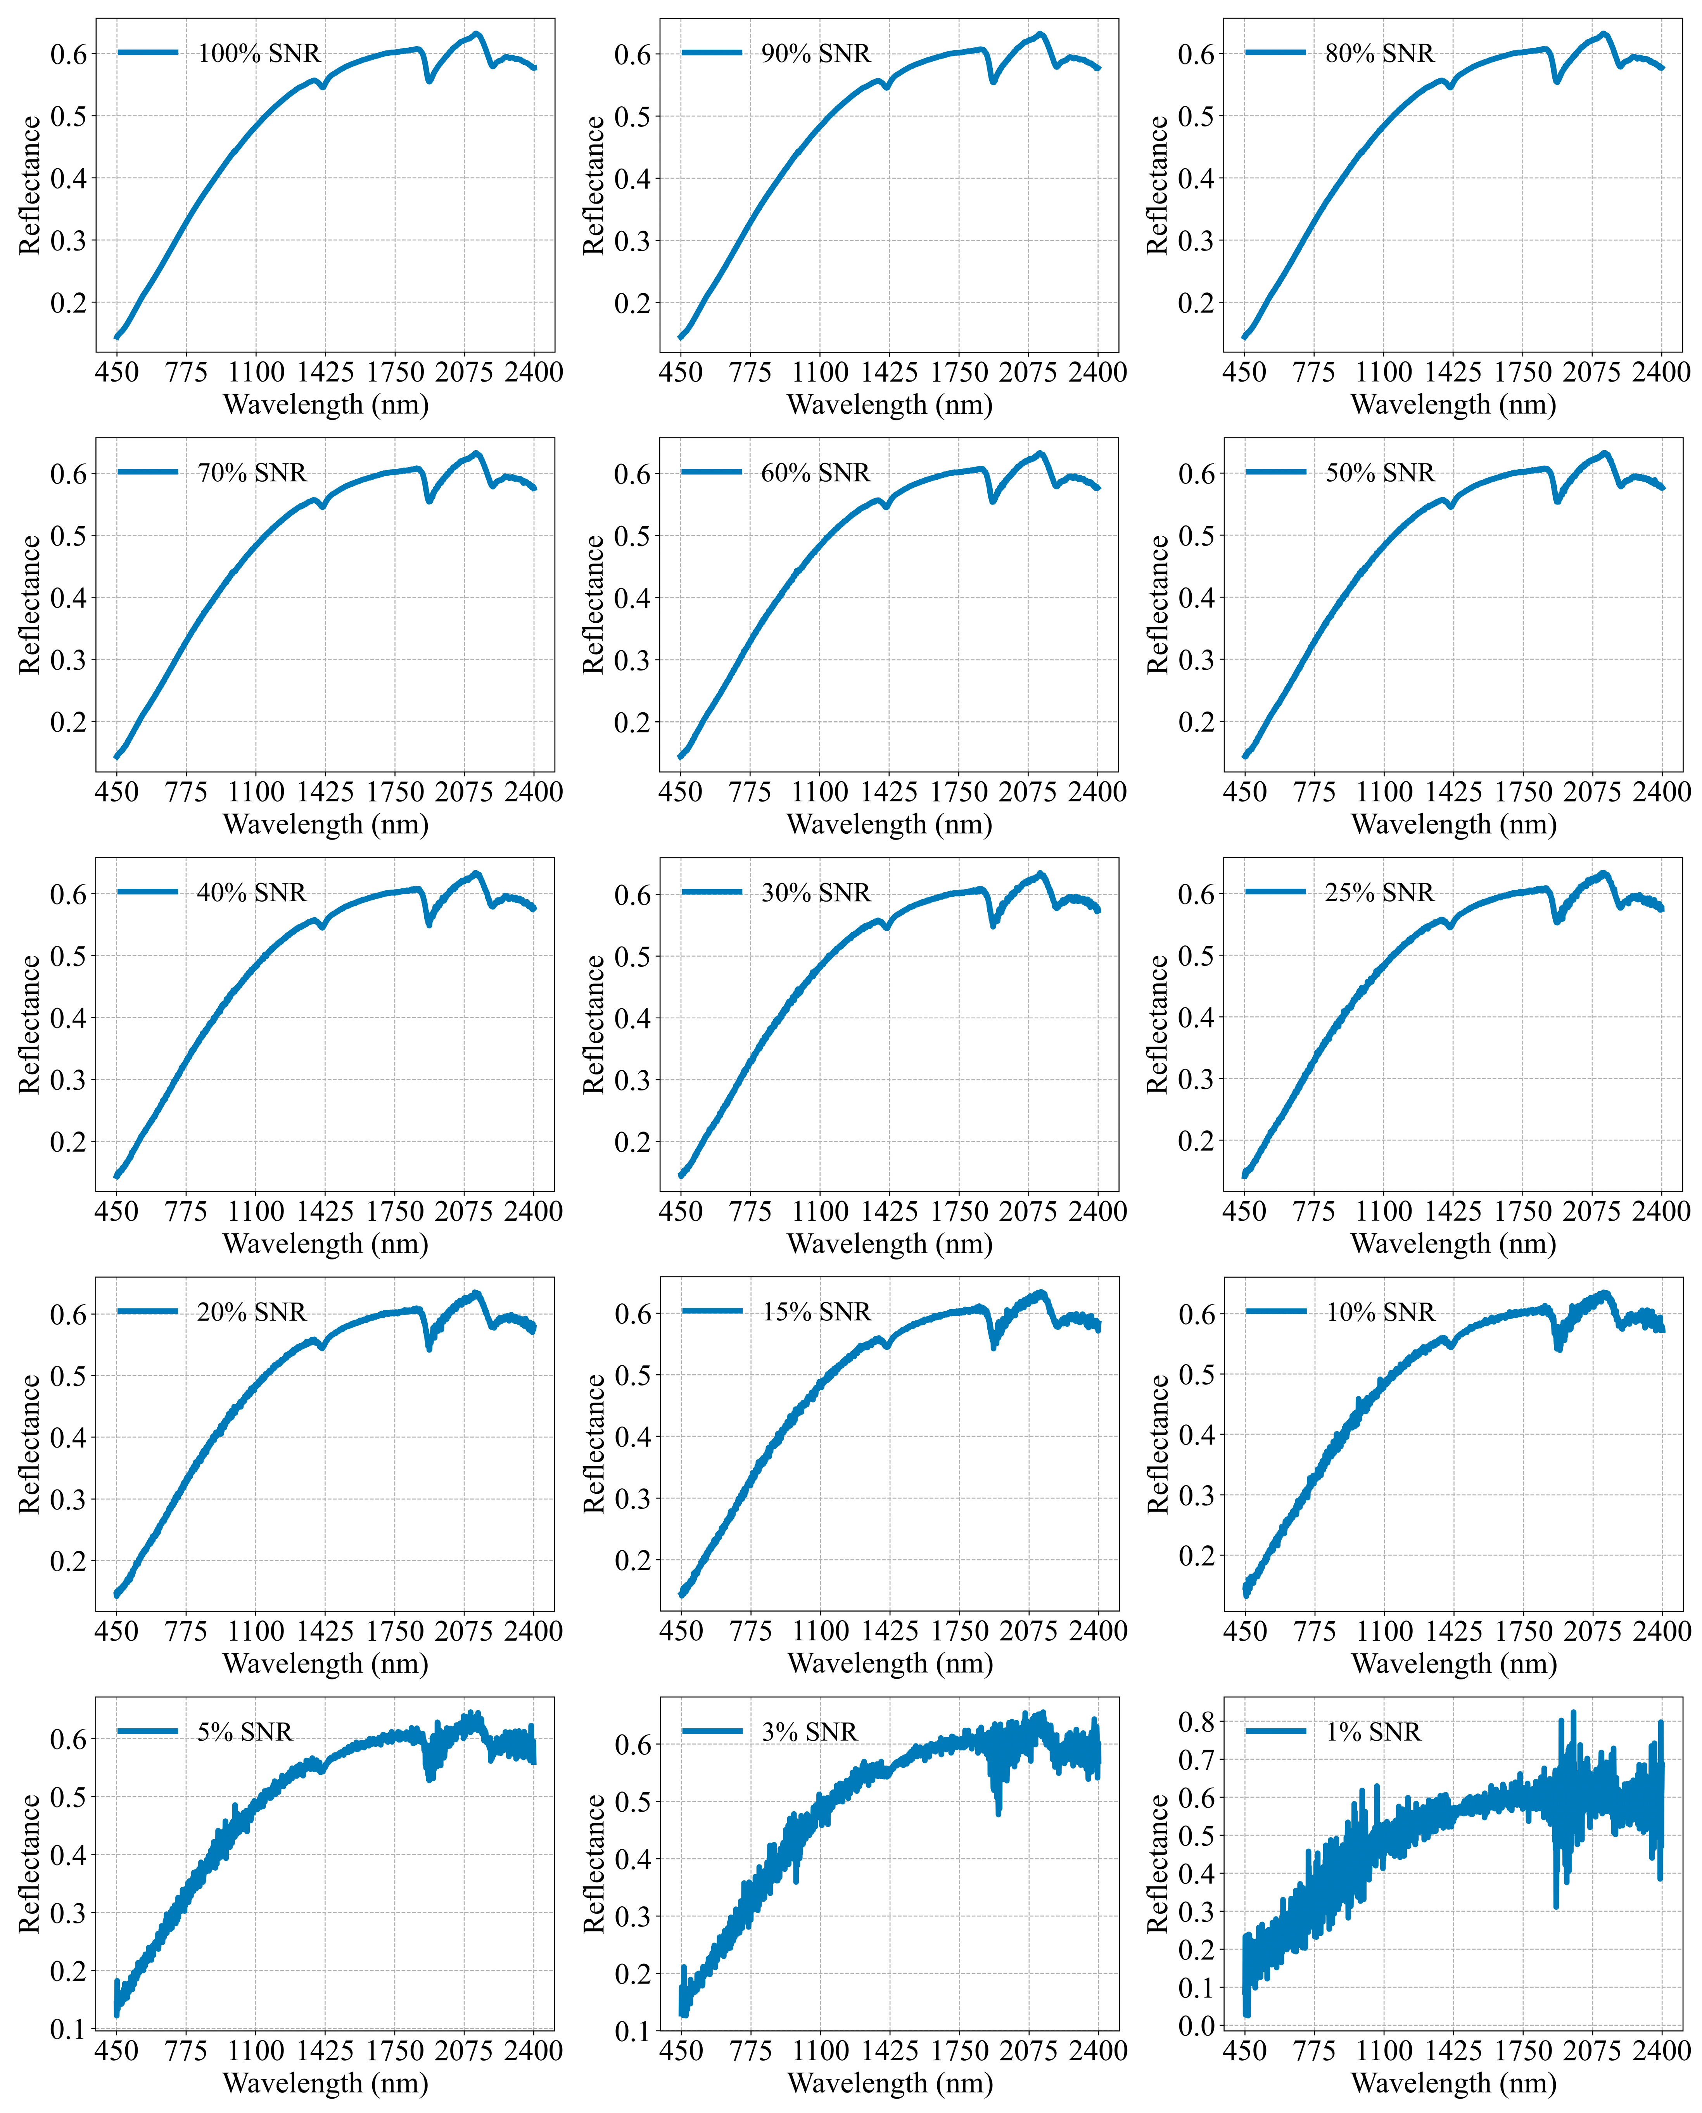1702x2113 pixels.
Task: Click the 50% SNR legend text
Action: pos(1379,473)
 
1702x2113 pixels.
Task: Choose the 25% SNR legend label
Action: pos(1379,892)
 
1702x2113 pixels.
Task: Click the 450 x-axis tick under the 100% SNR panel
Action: pos(117,373)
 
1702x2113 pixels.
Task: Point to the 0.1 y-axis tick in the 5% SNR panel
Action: pos(69,2029)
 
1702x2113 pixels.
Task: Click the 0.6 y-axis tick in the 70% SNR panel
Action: pos(69,473)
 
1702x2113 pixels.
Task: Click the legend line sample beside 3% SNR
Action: pos(712,1731)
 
